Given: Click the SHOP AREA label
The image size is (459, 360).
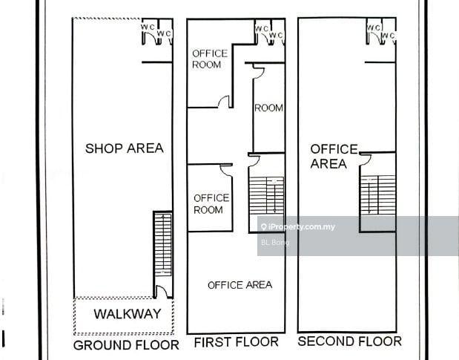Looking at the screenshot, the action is [x=125, y=148].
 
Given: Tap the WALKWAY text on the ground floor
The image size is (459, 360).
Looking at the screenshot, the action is [x=128, y=314].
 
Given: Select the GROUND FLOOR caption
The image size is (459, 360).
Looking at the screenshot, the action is [x=126, y=345].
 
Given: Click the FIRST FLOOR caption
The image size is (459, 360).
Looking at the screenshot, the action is [x=237, y=342].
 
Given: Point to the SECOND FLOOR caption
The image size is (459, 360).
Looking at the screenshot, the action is [x=350, y=341].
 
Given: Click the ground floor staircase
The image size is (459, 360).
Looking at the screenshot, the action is [x=162, y=245].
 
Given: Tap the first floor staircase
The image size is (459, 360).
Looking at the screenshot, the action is [x=266, y=195].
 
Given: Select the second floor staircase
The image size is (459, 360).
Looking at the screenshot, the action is [x=378, y=194].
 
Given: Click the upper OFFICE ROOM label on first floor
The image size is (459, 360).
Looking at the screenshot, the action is [x=210, y=59].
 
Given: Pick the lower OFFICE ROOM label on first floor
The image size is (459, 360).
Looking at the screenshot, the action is [x=211, y=204].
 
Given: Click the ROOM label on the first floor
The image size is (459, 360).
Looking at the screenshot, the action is [x=268, y=108].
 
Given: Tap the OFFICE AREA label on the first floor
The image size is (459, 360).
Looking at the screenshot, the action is [x=240, y=285].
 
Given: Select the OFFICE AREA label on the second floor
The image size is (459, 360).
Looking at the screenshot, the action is [x=334, y=157].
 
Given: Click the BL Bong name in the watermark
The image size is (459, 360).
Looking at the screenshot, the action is [x=275, y=242].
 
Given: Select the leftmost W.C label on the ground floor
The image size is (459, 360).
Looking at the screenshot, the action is [x=148, y=27].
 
